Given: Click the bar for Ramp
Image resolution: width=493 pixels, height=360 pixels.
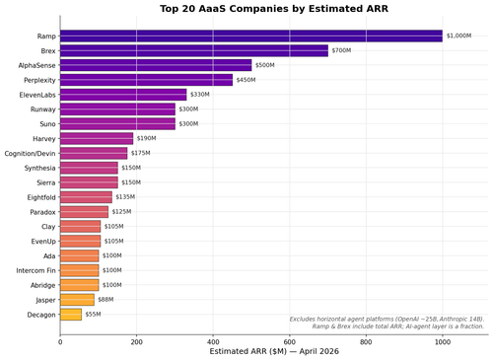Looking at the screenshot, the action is point(251,36).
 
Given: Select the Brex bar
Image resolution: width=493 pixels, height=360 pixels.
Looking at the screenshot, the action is point(194,50).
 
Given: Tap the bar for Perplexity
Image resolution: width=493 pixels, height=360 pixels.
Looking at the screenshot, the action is point(147,80).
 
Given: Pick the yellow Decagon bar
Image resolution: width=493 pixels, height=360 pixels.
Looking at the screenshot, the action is point(71,315).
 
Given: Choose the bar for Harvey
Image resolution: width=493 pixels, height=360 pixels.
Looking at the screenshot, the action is point(97,139).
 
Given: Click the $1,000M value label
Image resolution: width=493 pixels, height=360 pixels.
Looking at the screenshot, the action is point(458,36).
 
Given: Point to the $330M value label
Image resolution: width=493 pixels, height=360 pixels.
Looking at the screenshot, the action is point(200,95).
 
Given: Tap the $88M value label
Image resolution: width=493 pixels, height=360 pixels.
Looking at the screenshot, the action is point(106,300).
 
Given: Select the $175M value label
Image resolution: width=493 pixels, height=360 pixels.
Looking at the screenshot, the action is point(141,153).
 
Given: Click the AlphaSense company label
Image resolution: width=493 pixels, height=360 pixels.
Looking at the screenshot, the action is point(36,65).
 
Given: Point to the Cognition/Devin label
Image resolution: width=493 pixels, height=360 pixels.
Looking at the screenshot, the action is point(30,154).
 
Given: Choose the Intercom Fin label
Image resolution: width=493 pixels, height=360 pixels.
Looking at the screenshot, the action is point(35,270).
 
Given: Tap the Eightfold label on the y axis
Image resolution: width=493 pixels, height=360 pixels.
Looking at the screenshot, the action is point(41,197).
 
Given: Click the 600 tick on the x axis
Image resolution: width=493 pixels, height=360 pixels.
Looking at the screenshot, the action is point(290,342).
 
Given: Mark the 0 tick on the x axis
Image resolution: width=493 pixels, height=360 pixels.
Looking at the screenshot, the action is point(60,342).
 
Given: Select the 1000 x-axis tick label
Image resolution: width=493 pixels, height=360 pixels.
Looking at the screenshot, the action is point(443,342).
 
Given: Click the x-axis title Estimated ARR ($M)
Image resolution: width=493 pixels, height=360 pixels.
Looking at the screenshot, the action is point(248,351).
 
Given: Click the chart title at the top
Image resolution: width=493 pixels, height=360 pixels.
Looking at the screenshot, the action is point(274,9).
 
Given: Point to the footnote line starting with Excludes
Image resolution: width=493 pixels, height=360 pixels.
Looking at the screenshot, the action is point(387,320).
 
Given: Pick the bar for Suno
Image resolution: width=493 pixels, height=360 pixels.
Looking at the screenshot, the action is point(117,124).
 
